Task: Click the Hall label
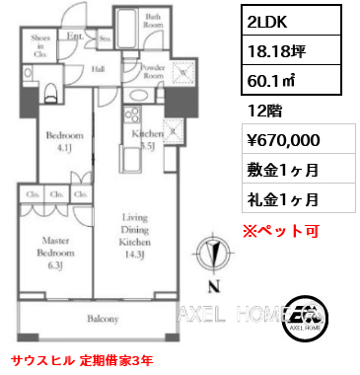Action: click(x=100, y=69)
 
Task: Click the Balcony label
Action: click(x=102, y=319)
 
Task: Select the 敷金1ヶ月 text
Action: click(x=281, y=171)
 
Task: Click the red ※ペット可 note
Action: click(x=281, y=231)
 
